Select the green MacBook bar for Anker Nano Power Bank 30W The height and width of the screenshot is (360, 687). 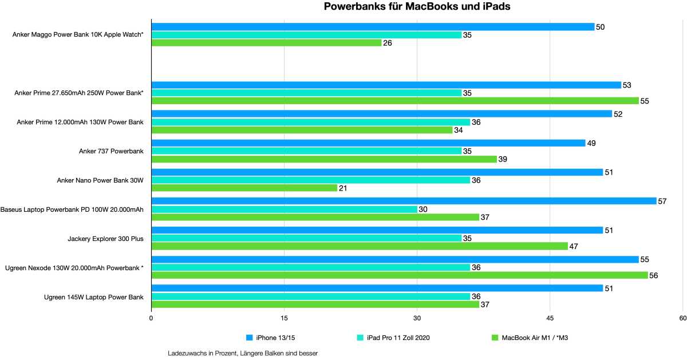point(244,188)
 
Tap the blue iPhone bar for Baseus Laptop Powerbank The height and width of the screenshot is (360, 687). point(404,201)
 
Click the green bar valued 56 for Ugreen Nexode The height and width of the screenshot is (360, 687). point(399,275)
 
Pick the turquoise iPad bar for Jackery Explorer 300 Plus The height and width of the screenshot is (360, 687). point(306,238)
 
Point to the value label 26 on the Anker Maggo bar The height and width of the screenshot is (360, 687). point(388,43)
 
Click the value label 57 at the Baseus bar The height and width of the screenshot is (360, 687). point(663,201)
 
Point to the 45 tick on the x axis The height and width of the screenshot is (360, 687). point(550,318)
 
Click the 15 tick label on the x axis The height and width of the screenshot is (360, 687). point(284,318)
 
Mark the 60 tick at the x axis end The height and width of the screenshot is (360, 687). point(682,318)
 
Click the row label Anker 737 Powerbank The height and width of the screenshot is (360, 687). point(111,151)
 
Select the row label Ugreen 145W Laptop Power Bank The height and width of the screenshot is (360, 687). point(93,296)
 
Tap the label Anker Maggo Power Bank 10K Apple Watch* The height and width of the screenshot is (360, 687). point(78,35)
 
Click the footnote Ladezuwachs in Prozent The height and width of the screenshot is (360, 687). point(243,353)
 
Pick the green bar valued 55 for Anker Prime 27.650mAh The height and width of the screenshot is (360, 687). point(395,101)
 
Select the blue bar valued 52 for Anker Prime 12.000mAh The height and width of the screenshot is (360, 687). point(381,114)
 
